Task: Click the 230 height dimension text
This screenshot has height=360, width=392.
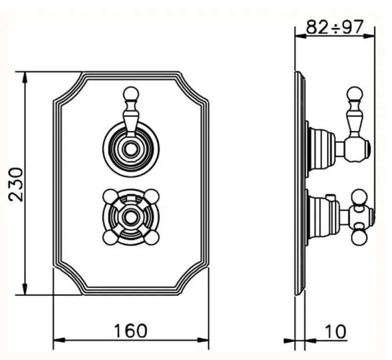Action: pyautogui.click(x=16, y=184)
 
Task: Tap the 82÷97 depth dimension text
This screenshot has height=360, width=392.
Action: pyautogui.click(x=335, y=27)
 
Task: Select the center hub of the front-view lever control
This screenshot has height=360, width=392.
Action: pyautogui.click(x=131, y=149)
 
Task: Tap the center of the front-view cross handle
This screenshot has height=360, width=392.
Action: pyautogui.click(x=131, y=216)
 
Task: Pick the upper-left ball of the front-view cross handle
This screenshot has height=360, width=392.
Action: pyautogui.click(x=110, y=196)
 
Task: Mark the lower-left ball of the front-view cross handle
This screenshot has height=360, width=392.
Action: pyautogui.click(x=110, y=237)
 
